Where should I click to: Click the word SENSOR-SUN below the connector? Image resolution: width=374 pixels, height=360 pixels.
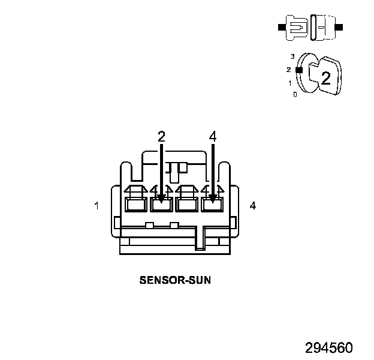175,280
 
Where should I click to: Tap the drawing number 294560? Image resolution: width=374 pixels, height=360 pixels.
328,348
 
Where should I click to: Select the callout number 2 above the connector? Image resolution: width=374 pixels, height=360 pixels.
161,136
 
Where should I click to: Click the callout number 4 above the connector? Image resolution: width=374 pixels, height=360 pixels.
212,136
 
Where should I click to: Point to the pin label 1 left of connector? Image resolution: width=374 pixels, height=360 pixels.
96,206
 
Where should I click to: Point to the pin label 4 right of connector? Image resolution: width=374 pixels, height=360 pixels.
253,206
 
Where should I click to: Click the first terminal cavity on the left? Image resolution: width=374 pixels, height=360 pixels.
135,205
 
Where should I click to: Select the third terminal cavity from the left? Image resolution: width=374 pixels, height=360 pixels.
186,205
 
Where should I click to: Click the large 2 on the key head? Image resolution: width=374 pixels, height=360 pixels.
325,77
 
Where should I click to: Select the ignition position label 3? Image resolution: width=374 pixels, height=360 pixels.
292,56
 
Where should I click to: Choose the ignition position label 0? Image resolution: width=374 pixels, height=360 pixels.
294,94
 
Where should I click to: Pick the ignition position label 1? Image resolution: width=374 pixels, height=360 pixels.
290,83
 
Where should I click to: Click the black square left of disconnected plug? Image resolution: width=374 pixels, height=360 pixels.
281,28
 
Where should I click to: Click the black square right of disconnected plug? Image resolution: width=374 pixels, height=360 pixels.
340,28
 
